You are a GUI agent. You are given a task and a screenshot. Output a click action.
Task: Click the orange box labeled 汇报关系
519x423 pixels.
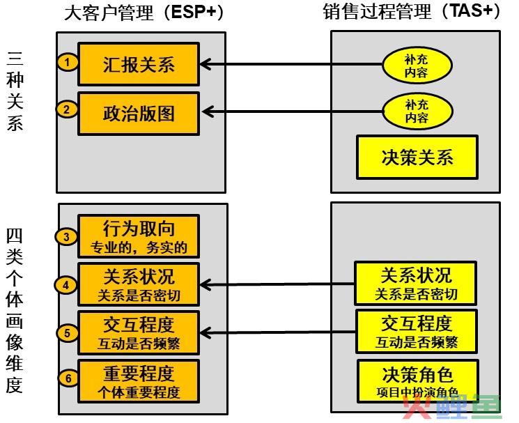coord(139,64)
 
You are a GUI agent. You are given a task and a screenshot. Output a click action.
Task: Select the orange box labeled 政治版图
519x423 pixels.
coord(139,114)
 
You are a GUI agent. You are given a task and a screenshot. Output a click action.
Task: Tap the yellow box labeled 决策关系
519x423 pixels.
coord(417,157)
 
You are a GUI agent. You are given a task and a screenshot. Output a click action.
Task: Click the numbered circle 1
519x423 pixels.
coord(68,62)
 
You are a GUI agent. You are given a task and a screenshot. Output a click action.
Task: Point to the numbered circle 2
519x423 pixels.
coord(67,109)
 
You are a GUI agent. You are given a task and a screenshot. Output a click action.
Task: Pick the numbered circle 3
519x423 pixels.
coord(67,237)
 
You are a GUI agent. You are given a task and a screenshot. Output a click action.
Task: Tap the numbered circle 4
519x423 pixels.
coord(66,285)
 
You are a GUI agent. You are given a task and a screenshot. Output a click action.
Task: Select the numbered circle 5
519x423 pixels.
coord(68,332)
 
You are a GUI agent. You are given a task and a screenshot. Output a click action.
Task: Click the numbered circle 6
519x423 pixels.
coord(68,378)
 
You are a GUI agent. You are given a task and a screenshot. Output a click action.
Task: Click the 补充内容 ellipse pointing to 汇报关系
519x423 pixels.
coord(417,66)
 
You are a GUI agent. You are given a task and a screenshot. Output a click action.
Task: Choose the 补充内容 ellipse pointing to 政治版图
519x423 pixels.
coord(417,111)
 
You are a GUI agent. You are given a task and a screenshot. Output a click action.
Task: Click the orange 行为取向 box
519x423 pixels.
coord(139,236)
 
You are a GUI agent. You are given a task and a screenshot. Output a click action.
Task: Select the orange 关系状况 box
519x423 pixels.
coord(139,284)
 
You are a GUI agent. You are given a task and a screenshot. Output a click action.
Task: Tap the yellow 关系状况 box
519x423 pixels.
coord(415,284)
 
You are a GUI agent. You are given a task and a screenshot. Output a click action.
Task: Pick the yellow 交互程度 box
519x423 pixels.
coord(417,332)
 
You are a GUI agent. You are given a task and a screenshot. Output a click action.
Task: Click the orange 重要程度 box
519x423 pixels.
coord(139,381)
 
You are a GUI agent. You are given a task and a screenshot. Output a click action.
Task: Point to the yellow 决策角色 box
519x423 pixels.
coord(418,381)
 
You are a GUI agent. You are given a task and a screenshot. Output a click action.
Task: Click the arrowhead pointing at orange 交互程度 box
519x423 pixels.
coord(205,332)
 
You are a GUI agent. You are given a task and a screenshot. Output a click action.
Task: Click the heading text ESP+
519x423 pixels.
coord(194,12)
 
